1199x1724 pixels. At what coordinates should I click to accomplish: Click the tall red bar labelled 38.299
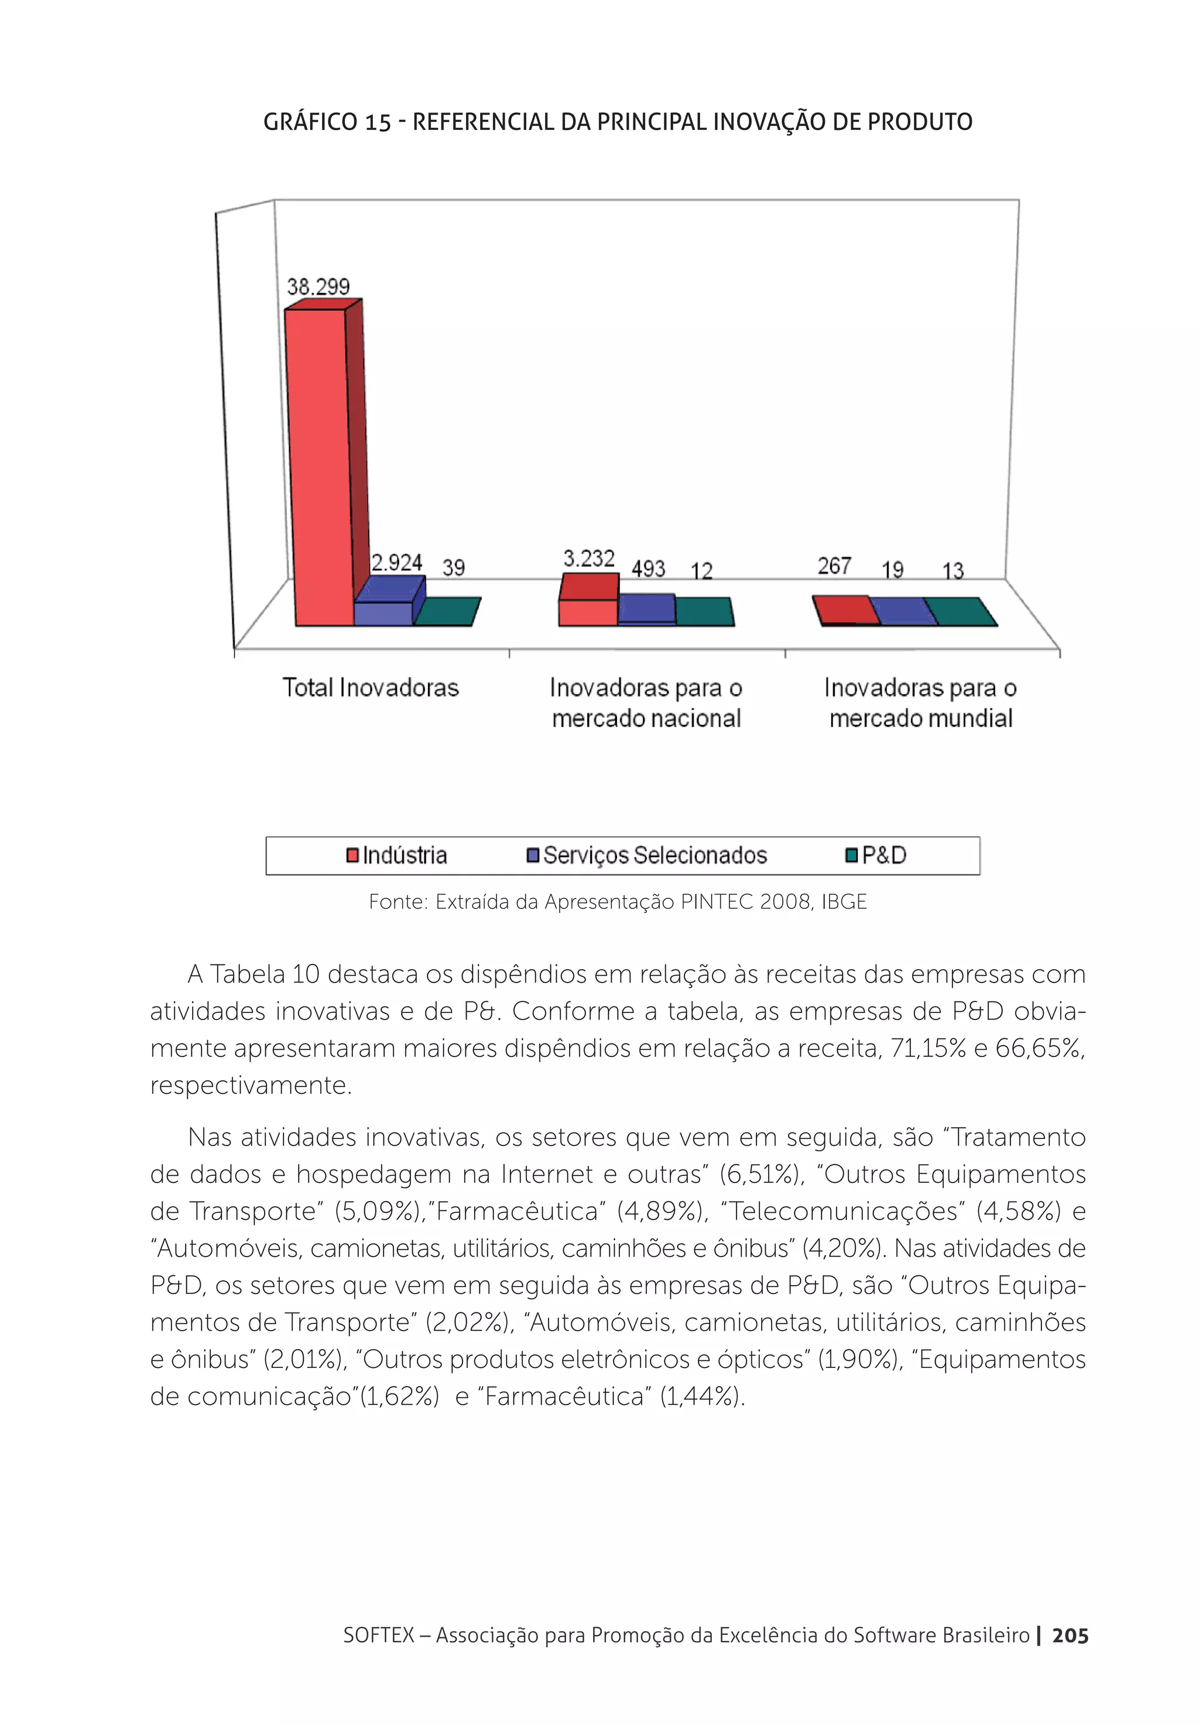(x=319, y=466)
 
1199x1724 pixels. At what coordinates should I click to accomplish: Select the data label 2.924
(x=396, y=562)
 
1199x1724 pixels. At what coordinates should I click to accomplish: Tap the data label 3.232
(x=588, y=558)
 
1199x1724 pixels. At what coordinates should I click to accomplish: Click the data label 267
(x=834, y=566)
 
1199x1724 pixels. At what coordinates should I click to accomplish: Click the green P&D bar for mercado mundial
(x=960, y=611)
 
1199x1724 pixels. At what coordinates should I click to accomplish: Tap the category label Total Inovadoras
(x=370, y=687)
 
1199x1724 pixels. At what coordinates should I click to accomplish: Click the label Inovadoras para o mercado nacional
(x=646, y=702)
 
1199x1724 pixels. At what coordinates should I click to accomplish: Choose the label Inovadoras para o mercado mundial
(x=920, y=702)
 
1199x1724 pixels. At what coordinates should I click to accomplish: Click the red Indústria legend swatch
(x=352, y=855)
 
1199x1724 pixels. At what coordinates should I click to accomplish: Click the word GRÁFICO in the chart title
(x=310, y=122)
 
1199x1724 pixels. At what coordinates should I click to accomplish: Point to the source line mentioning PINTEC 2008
(x=617, y=902)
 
